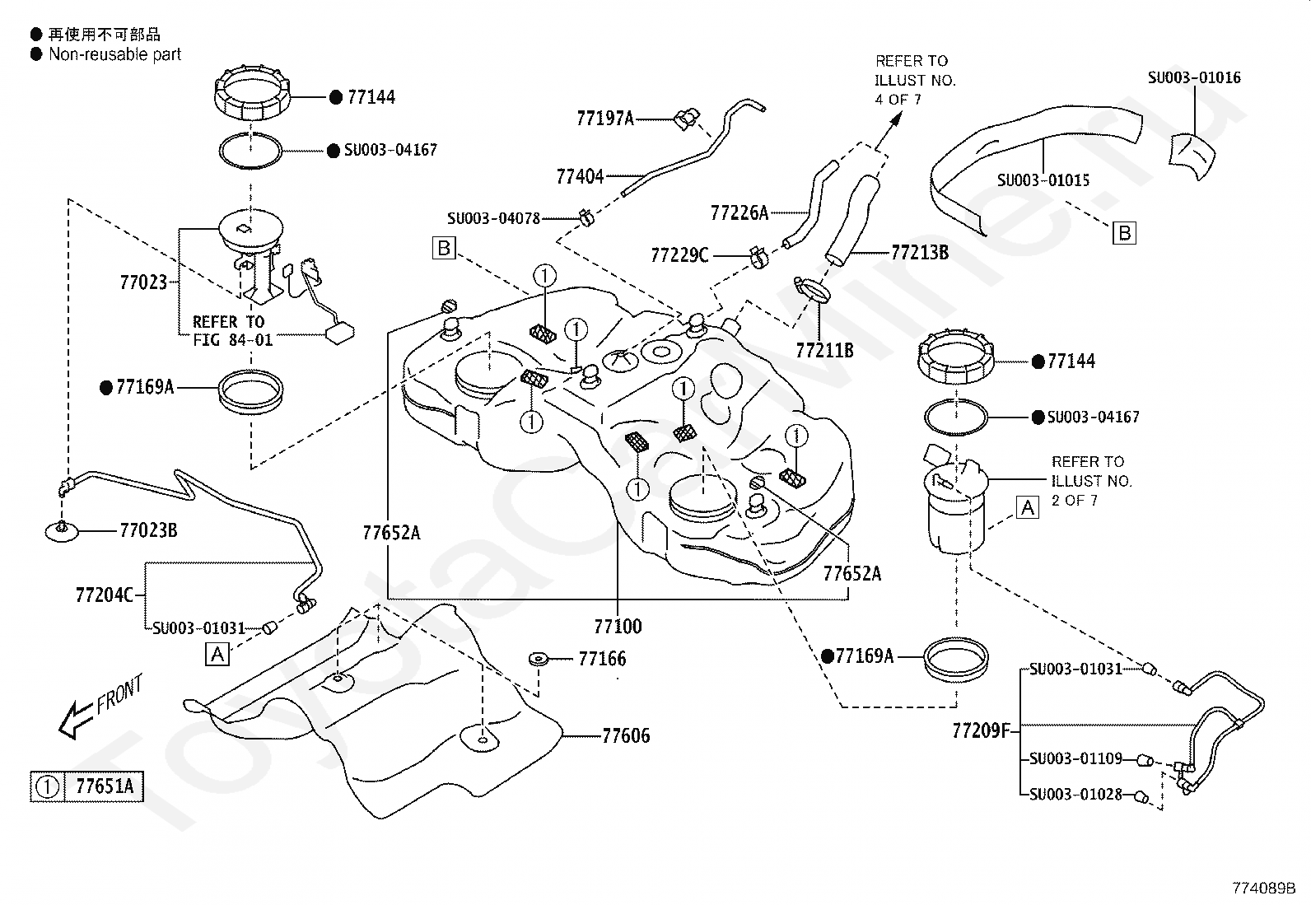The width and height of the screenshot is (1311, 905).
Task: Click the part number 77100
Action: pos(618,627)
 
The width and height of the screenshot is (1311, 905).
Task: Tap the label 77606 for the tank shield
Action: pos(626,735)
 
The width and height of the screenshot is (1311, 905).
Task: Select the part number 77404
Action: pos(580,176)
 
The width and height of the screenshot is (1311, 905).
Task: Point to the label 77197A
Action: pos(605,119)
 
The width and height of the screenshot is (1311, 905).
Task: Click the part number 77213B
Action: pos(920,252)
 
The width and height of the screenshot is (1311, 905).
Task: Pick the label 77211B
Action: pos(824,351)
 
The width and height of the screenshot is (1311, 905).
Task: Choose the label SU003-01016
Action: pos(1194,78)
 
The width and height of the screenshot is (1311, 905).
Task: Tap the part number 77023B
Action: pos(149,530)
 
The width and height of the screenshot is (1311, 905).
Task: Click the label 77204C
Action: pos(105,595)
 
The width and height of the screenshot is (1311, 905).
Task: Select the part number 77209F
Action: pos(982,731)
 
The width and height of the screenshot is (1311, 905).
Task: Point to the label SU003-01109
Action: pos(1075,758)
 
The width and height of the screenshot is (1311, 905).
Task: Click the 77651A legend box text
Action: pos(105,786)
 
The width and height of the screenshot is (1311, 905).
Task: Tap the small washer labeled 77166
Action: pos(539,659)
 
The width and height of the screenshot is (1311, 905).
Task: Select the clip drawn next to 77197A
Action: pos(687,119)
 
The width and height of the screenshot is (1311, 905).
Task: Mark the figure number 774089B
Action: pos(1264,888)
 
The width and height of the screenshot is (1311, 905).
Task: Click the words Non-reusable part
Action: pos(114,54)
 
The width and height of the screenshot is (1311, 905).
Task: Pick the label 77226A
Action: pos(739,213)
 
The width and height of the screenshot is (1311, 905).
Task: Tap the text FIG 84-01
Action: pos(233,340)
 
